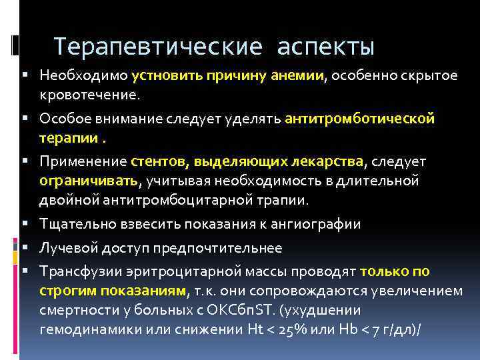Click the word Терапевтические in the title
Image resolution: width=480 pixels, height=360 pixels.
156,47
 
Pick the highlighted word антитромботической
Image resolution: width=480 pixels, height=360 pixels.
359,119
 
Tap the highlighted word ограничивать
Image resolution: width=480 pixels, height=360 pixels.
88,181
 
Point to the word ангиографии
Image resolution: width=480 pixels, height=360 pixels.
319,224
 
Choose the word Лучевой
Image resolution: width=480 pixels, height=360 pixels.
66,248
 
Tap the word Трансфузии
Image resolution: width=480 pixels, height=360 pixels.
77,271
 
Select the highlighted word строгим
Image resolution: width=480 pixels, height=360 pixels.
68,291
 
